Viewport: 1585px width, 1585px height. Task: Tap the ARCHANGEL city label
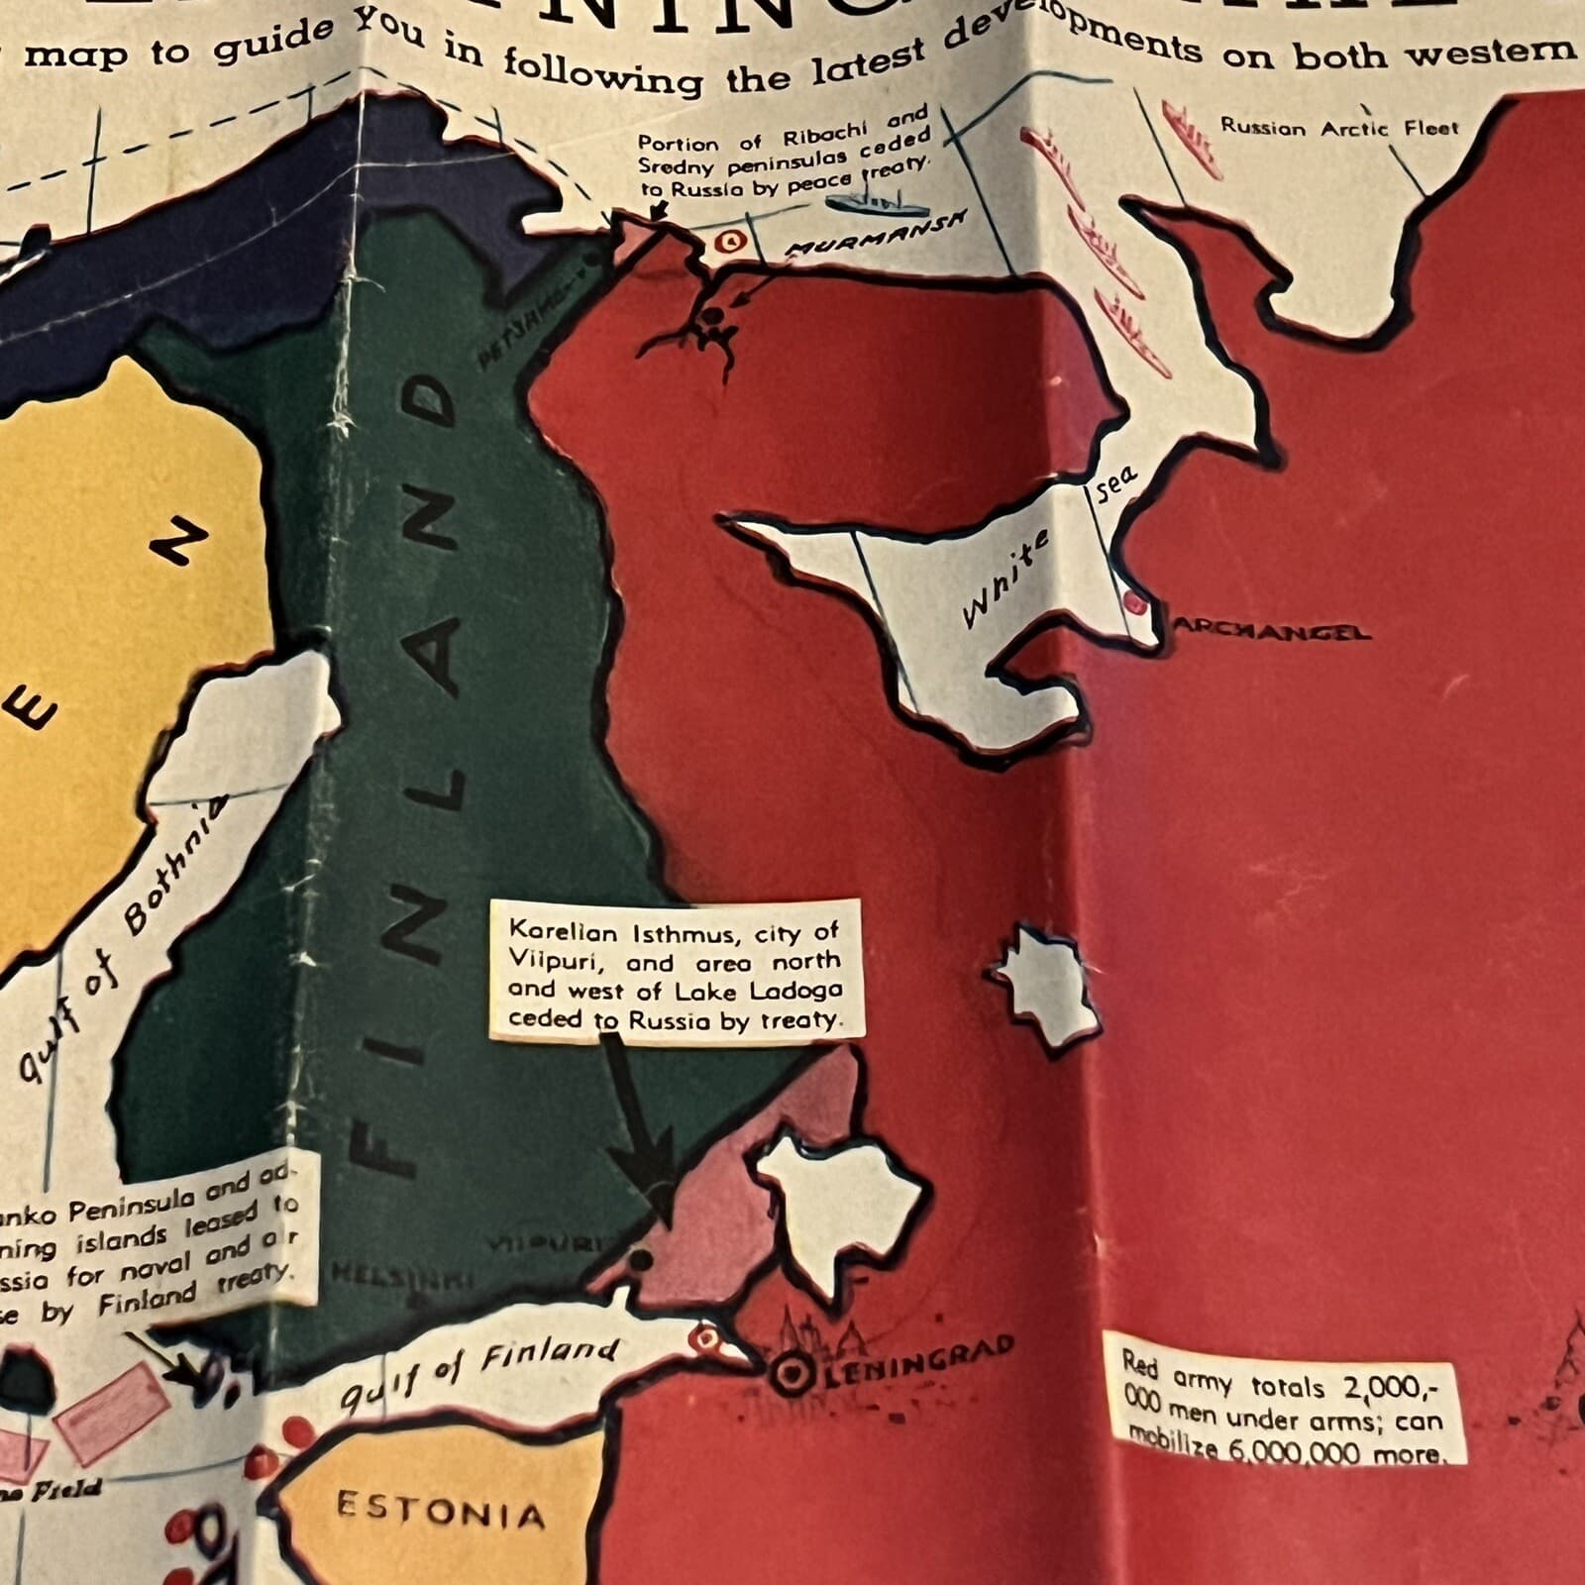1273,631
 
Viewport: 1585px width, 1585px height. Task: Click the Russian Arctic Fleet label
1339,127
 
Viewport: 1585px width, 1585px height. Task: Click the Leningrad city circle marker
792,1372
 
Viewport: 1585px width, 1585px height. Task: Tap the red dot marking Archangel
1134,599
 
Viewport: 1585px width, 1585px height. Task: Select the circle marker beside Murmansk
731,241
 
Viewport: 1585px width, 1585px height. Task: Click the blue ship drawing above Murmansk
876,201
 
